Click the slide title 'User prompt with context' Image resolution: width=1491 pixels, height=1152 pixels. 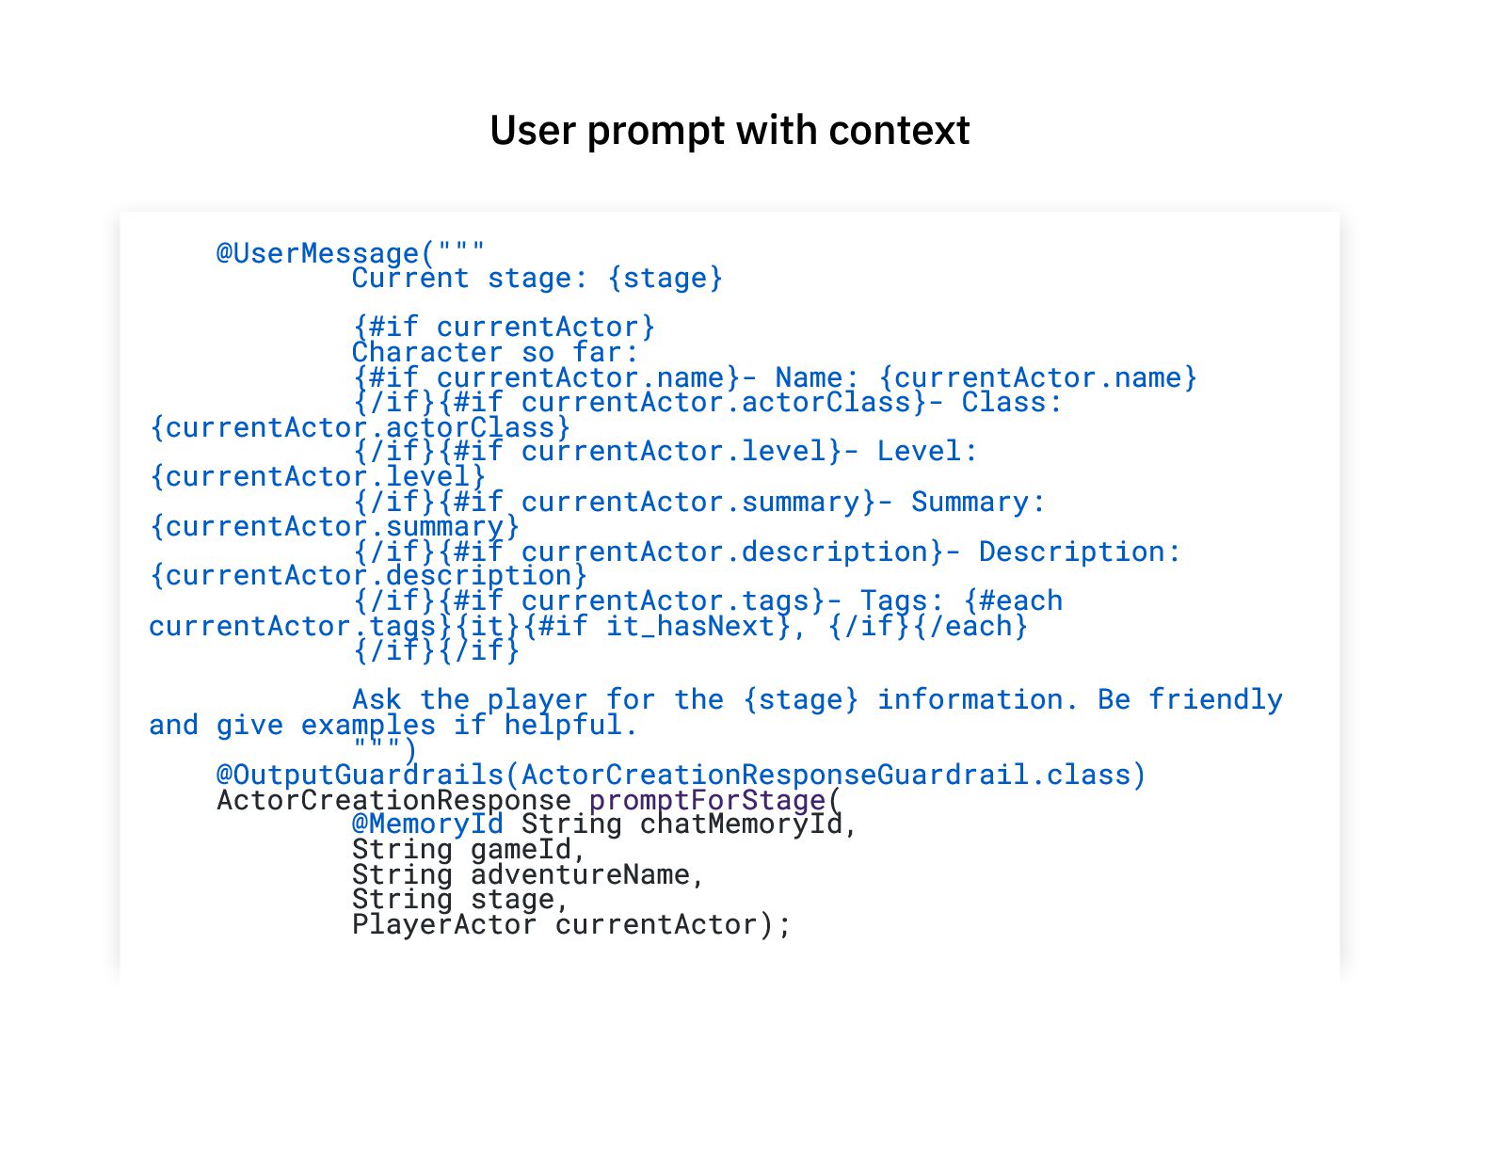pyautogui.click(x=729, y=131)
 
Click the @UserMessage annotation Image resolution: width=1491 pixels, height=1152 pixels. pyautogui.click(x=317, y=253)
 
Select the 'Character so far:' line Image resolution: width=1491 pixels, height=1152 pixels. pyautogui.click(x=495, y=353)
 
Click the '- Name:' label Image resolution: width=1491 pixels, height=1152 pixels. pyautogui.click(x=809, y=378)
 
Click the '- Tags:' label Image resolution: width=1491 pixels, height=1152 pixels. pyautogui.click(x=893, y=601)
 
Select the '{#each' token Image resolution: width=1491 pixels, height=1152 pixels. pyautogui.click(x=1013, y=601)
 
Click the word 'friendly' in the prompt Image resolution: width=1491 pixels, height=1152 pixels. pyautogui.click(x=1215, y=700)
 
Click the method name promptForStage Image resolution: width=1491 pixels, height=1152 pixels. pyautogui.click(x=707, y=800)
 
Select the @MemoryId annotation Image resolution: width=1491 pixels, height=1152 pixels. pyautogui.click(x=427, y=824)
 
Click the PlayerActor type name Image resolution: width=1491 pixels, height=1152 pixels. pyautogui.click(x=444, y=924)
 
